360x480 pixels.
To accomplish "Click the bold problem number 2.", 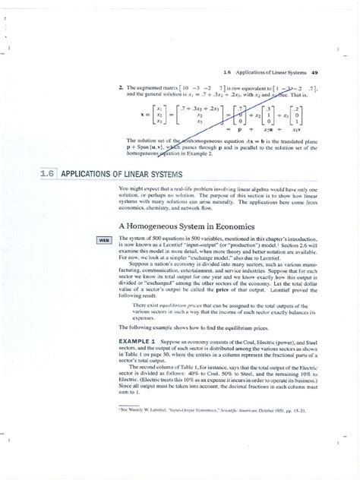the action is pyautogui.click(x=120, y=88).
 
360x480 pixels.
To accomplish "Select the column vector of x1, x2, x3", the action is pyautogui.click(x=158, y=115).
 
